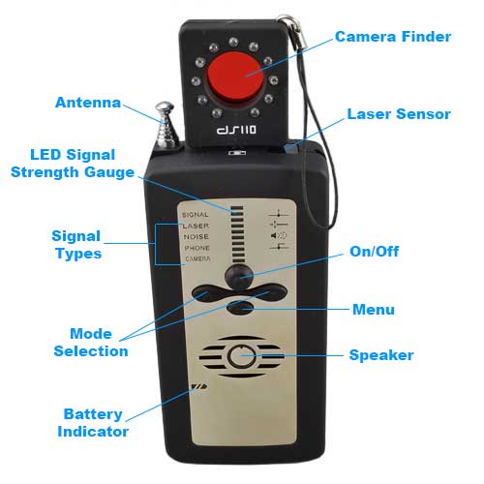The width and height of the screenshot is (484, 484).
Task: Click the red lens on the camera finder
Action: [x=235, y=78]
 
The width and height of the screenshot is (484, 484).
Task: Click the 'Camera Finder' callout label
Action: [x=393, y=37]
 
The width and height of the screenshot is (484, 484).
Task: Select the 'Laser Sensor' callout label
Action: [x=399, y=114]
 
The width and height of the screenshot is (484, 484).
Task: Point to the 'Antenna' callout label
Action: [x=88, y=103]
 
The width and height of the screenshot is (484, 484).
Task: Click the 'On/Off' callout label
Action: [x=375, y=252]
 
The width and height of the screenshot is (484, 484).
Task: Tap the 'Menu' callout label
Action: [x=374, y=310]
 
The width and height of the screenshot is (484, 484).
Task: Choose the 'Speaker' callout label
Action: [x=381, y=355]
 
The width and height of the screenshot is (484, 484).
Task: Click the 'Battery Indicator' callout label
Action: [x=93, y=423]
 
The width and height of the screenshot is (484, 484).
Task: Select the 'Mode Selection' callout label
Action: [x=91, y=343]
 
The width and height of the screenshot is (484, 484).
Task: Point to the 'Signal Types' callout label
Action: [x=76, y=245]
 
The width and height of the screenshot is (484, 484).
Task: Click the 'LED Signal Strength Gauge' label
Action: [x=73, y=164]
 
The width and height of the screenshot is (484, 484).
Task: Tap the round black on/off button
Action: [x=239, y=276]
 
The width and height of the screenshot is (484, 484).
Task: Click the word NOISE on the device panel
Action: [x=197, y=237]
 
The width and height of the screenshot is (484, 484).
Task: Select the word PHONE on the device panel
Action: [x=197, y=248]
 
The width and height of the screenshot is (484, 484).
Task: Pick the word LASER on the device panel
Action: [x=196, y=226]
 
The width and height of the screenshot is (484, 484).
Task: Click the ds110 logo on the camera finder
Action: [x=237, y=130]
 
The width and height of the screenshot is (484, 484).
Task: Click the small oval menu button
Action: [x=240, y=308]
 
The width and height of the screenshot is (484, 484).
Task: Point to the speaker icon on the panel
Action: [x=279, y=235]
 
